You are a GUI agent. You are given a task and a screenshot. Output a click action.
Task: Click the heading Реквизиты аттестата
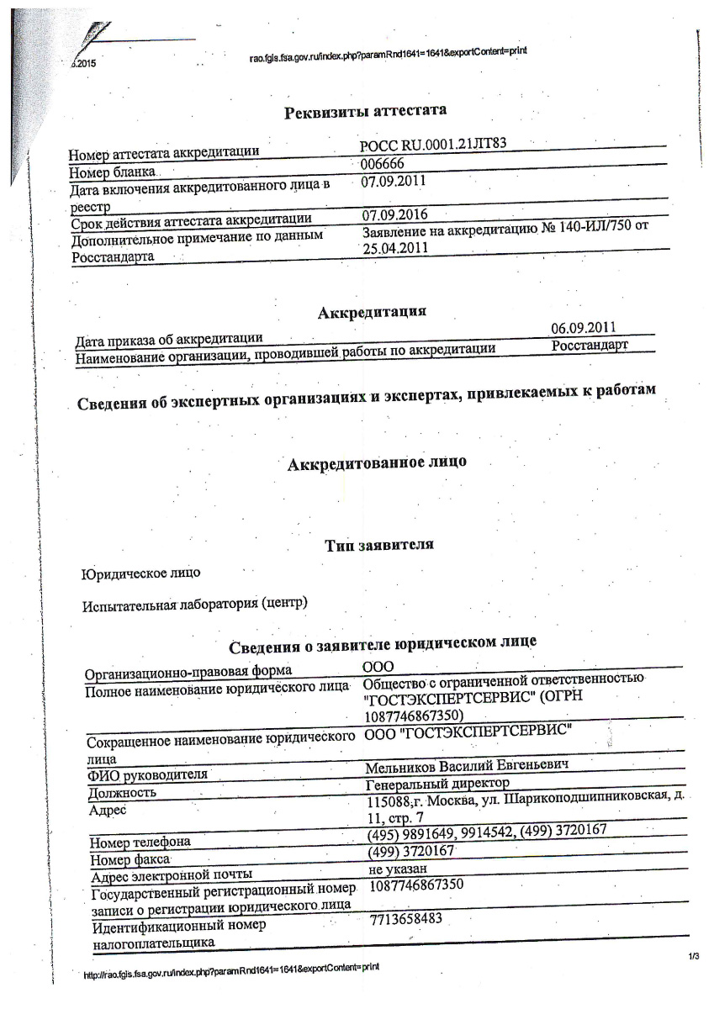365,112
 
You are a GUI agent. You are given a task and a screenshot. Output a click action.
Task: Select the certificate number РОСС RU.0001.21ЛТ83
432,145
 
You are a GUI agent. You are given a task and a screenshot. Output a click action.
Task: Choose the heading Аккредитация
372,313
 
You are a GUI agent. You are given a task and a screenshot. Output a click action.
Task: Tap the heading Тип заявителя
378,546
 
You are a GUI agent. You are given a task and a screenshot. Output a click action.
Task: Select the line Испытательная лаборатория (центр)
194,605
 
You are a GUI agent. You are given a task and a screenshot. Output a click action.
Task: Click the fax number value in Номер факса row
411,851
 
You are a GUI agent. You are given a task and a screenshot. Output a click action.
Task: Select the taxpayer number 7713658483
405,920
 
